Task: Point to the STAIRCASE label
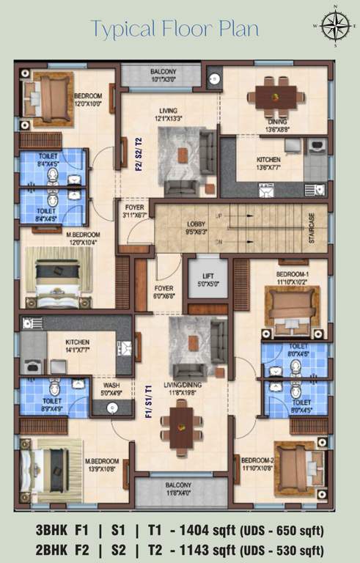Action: [x=312, y=229]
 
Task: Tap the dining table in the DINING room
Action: [x=276, y=95]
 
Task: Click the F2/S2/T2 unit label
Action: [x=137, y=153]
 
